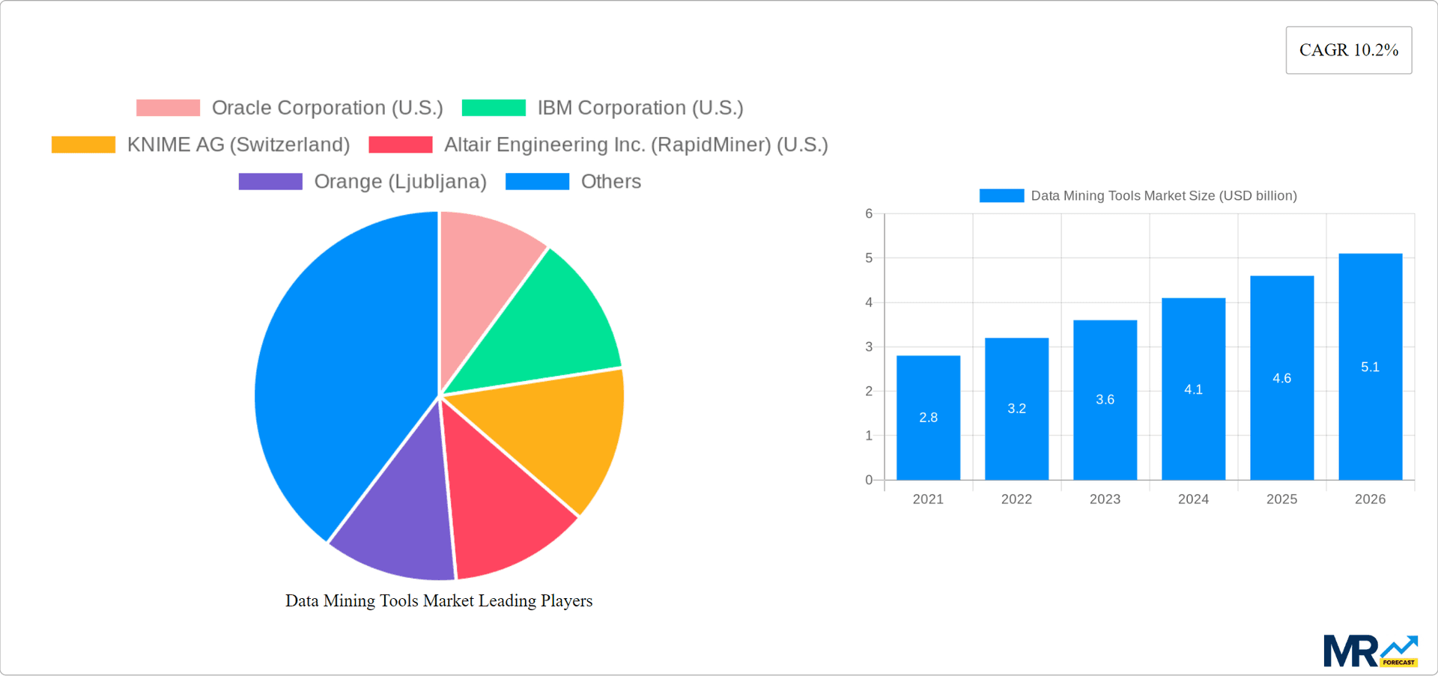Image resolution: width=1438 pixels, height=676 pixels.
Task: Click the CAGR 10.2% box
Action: point(1348,50)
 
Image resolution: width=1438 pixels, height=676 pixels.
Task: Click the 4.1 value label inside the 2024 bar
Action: point(1193,389)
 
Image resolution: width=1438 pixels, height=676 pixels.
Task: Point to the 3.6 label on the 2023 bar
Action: point(1105,400)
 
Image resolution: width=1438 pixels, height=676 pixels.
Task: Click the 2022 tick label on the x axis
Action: point(1016,499)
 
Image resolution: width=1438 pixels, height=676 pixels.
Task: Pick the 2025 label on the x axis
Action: point(1281,499)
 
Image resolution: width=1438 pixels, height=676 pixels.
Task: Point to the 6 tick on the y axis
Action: point(869,214)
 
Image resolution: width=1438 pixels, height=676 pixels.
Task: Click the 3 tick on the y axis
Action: point(869,347)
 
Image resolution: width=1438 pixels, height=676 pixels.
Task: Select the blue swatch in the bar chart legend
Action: point(1001,195)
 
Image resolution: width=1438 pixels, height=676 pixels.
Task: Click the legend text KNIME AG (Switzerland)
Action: point(238,144)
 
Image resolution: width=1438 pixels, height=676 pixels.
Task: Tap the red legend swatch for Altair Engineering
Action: point(401,144)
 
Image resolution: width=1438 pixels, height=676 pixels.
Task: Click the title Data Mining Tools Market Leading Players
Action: point(439,601)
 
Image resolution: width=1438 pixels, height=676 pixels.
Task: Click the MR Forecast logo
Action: point(1370,651)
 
